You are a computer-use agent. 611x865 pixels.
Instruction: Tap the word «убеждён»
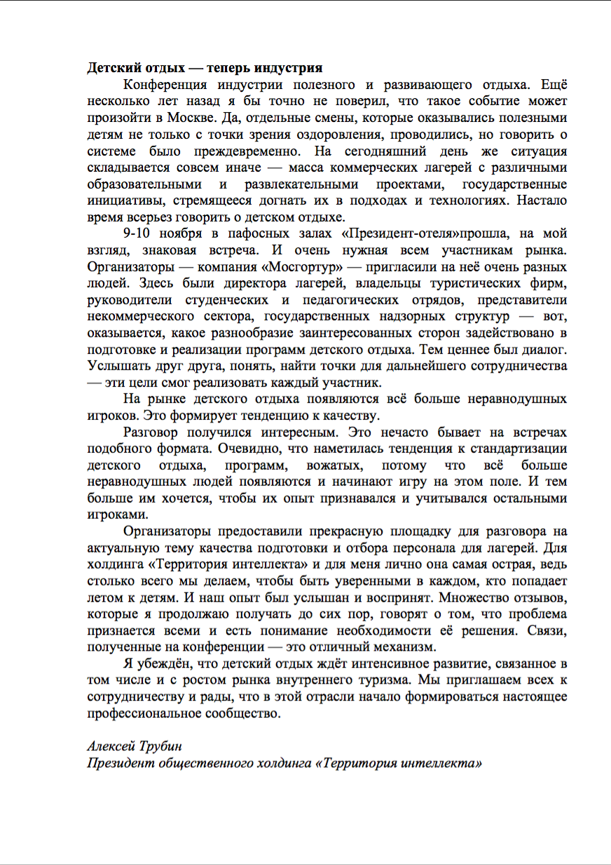click(163, 664)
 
